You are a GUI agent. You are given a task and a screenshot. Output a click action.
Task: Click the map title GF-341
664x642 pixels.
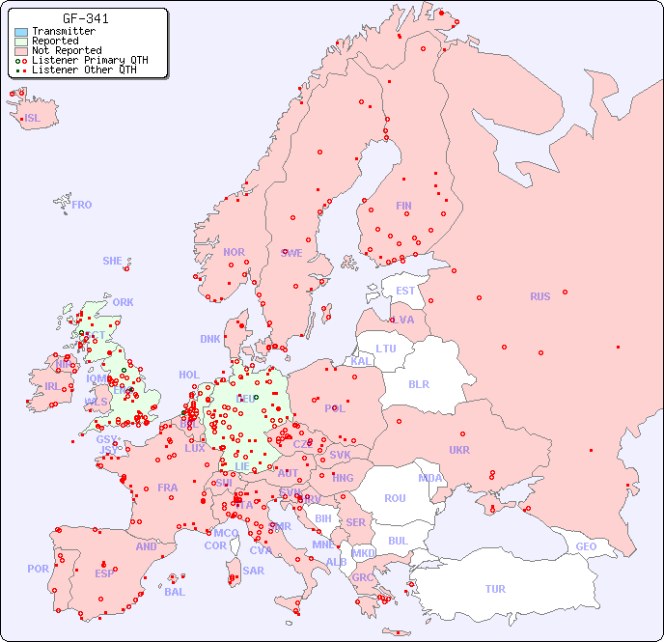pyautogui.click(x=85, y=18)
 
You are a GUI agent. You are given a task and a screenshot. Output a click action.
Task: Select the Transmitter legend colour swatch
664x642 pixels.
pyautogui.click(x=21, y=32)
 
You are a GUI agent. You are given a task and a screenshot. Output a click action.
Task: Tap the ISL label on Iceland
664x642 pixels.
pyautogui.click(x=33, y=119)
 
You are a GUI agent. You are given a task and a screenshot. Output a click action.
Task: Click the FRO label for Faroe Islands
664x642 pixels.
pyautogui.click(x=82, y=205)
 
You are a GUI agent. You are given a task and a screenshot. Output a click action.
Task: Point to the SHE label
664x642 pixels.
pyautogui.click(x=113, y=261)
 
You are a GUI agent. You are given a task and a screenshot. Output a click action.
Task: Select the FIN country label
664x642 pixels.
pyautogui.click(x=403, y=206)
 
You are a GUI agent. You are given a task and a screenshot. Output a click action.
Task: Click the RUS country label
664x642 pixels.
pyautogui.click(x=539, y=296)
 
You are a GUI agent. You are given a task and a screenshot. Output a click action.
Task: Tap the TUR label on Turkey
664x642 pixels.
pyautogui.click(x=495, y=589)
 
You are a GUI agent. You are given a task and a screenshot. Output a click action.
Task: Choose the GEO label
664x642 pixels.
pyautogui.click(x=586, y=546)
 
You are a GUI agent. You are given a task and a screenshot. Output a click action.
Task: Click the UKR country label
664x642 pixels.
pyautogui.click(x=459, y=450)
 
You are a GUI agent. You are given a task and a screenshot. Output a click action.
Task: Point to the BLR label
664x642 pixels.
pyautogui.click(x=419, y=383)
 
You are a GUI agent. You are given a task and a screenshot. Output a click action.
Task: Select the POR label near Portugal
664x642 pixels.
pyautogui.click(x=38, y=569)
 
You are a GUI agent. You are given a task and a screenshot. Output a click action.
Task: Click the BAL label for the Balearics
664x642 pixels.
pyautogui.click(x=175, y=592)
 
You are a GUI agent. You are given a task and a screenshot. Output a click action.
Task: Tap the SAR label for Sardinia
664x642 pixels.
pyautogui.click(x=254, y=571)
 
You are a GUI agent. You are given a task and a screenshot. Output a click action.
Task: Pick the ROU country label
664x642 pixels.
pyautogui.click(x=395, y=498)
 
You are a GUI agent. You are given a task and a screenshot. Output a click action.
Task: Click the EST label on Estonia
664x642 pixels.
pyautogui.click(x=405, y=291)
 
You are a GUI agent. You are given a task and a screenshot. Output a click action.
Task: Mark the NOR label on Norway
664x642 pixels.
pyautogui.click(x=234, y=252)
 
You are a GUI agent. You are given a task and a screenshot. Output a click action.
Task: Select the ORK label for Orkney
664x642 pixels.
pyautogui.click(x=123, y=302)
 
